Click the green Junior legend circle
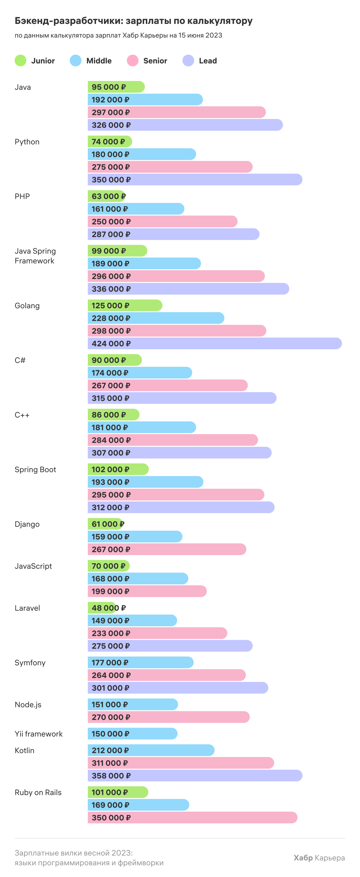pos(20,60)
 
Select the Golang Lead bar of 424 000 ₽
pos(215,343)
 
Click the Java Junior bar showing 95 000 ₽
pos(116,87)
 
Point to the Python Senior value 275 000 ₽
pos(111,167)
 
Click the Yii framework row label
pos(39,734)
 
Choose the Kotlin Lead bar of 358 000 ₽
pos(195,776)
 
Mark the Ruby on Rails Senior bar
pos(192,817)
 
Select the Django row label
pos(27,524)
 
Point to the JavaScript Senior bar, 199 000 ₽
pos(147,591)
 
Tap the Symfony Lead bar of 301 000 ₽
pos(178,688)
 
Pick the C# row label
pos(20,360)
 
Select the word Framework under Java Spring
pos(34,261)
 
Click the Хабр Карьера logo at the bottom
pos(319,857)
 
